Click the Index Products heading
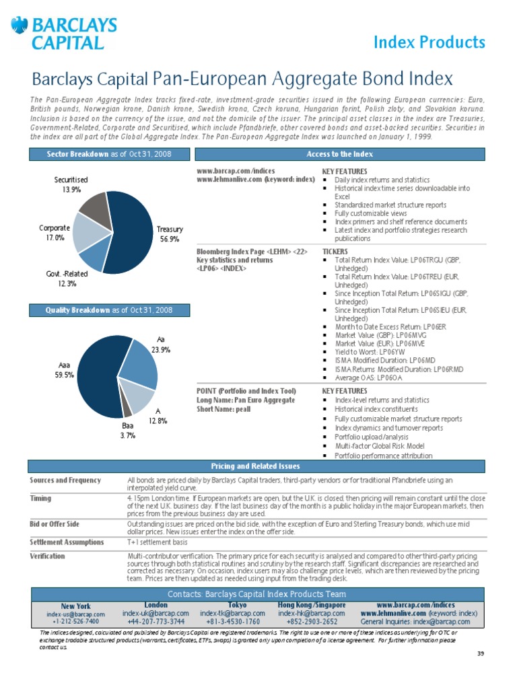pyautogui.click(x=429, y=42)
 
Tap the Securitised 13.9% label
pyautogui.click(x=71, y=185)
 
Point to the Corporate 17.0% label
pyautogui.click(x=55, y=233)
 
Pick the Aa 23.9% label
pyautogui.click(x=160, y=345)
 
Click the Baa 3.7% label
pyautogui.click(x=128, y=431)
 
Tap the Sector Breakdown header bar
pyautogui.click(x=109, y=154)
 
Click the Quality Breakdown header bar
pyautogui.click(x=109, y=310)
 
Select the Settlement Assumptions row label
pyautogui.click(x=67, y=542)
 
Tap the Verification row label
pyautogui.click(x=48, y=556)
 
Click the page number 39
pyautogui.click(x=479, y=654)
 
